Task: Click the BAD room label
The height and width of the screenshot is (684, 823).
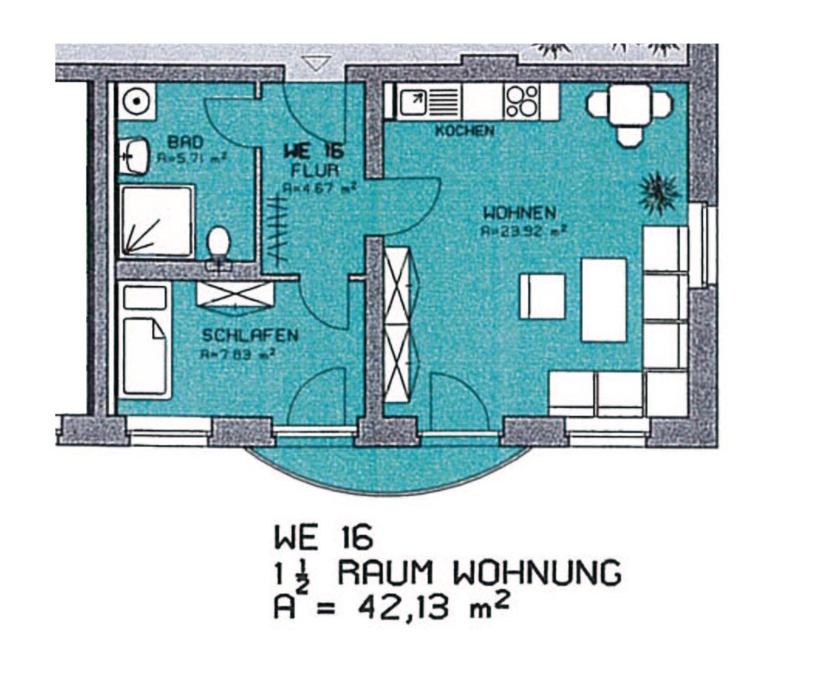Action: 186,142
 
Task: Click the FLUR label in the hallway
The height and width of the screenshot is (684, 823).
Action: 311,168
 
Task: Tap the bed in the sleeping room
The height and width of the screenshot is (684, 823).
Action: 145,340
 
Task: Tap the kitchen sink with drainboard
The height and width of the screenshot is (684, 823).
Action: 429,101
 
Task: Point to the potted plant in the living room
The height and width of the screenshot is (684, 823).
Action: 659,190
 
